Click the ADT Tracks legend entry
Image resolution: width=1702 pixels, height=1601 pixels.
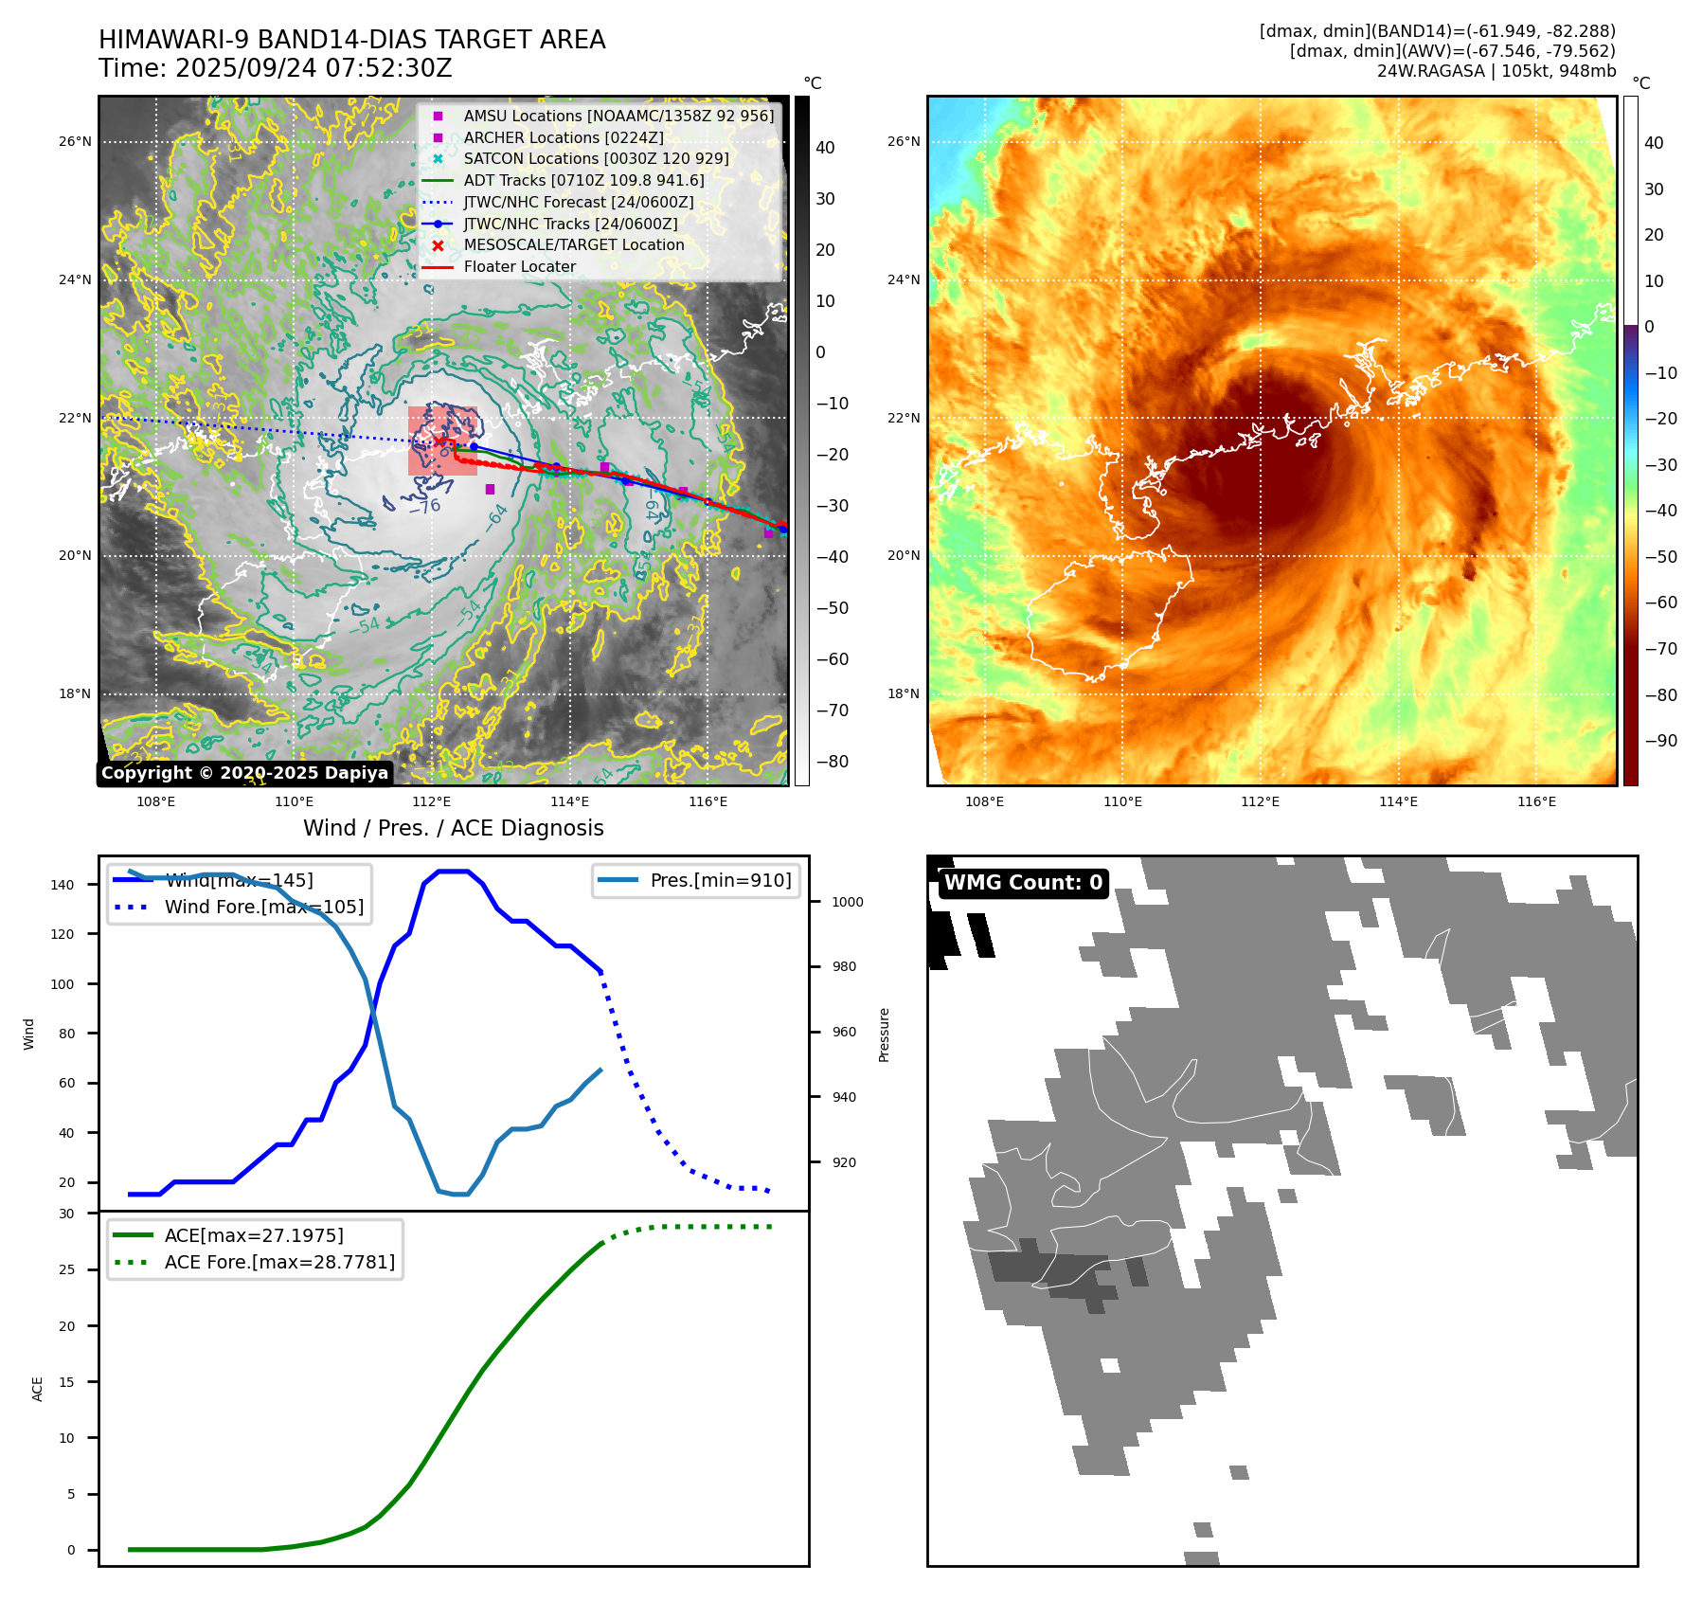(583, 180)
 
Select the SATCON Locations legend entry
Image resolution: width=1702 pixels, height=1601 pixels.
(596, 158)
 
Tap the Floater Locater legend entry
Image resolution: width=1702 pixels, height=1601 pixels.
(519, 267)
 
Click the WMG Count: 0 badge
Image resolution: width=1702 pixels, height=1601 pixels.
(1023, 883)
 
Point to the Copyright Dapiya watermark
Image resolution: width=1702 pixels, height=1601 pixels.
(244, 773)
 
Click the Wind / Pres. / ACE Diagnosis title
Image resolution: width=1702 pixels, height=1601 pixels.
(453, 828)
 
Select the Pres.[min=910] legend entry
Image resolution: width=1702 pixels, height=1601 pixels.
(720, 880)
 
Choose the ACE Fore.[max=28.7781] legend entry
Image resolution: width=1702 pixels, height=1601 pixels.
(279, 1262)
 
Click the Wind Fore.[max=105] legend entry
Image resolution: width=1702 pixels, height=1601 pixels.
(263, 907)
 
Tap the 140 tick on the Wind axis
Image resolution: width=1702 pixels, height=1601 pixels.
(63, 885)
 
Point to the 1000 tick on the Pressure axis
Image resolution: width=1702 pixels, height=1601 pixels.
(847, 902)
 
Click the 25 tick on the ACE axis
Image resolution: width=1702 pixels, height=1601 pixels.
(66, 1269)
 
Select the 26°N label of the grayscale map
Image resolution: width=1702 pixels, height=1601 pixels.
(75, 142)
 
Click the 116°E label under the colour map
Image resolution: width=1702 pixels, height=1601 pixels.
(1536, 801)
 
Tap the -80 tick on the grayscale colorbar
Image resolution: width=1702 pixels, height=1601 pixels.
(833, 762)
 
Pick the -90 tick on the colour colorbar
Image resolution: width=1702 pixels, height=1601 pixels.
(1660, 741)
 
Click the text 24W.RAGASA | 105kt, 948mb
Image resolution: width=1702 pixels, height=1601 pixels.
(1496, 71)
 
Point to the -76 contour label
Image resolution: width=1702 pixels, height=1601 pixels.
(424, 507)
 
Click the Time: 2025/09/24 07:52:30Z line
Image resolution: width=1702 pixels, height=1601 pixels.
(275, 68)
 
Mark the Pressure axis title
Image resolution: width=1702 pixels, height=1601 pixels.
(884, 1034)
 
